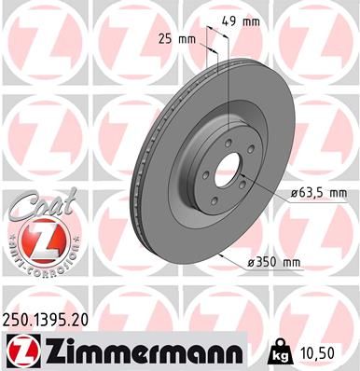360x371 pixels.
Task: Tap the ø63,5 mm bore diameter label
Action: tap(312, 193)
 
